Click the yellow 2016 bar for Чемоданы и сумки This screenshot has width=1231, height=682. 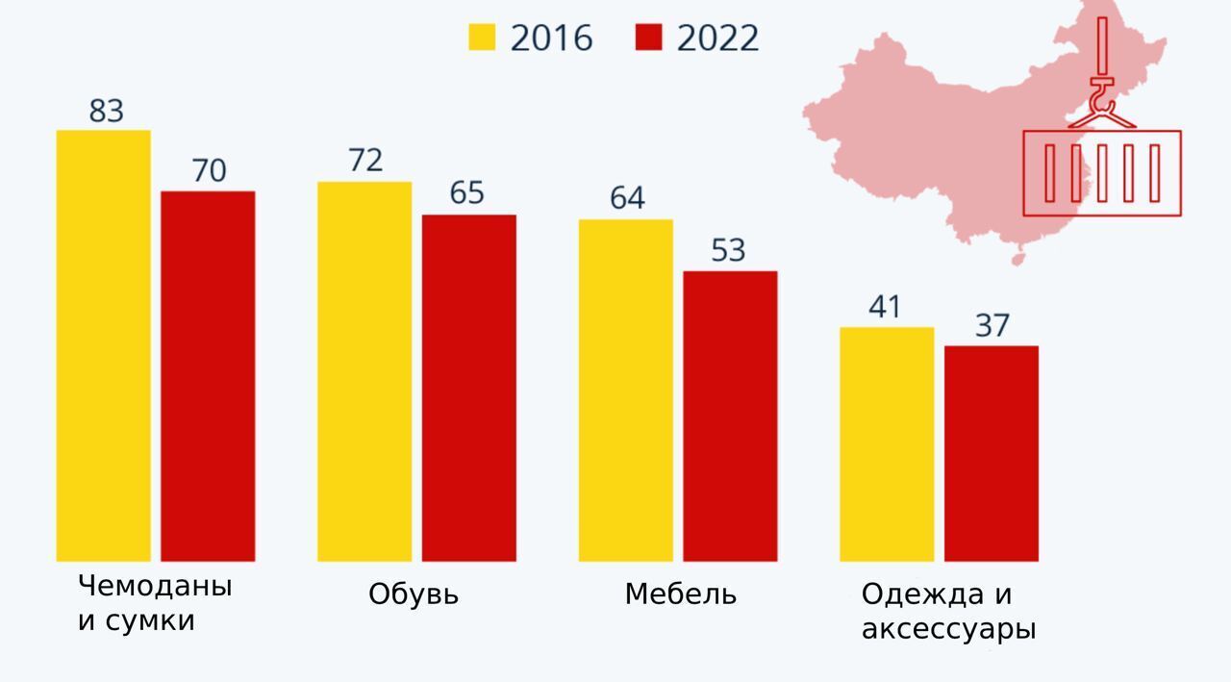(104, 345)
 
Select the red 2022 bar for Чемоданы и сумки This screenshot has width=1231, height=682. (208, 376)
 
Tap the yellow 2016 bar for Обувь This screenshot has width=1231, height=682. (364, 371)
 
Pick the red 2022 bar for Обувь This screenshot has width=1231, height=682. (469, 388)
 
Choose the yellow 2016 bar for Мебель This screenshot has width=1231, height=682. (626, 390)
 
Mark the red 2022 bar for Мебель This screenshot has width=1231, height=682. (730, 416)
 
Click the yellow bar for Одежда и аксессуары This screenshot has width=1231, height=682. (887, 443)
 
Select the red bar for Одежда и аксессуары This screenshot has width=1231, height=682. (992, 453)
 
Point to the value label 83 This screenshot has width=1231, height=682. (107, 112)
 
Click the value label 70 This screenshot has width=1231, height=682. (209, 171)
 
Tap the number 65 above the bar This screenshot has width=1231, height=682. (467, 193)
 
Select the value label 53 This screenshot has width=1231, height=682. (728, 250)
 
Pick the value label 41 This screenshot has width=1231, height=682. (884, 308)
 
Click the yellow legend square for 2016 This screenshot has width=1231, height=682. (482, 38)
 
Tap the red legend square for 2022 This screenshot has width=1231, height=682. (650, 38)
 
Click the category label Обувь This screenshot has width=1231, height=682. (414, 594)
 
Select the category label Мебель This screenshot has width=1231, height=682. (681, 594)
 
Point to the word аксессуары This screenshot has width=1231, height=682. (948, 630)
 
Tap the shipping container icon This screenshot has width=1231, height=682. (1102, 173)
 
